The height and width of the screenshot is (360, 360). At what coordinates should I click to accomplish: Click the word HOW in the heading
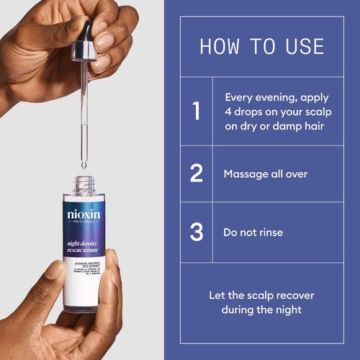coord(217,48)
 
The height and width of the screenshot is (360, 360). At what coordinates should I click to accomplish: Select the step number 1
coord(196,112)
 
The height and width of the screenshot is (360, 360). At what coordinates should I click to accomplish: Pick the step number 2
coord(196,174)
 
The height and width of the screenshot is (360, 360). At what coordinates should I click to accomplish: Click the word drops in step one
coord(251,112)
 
